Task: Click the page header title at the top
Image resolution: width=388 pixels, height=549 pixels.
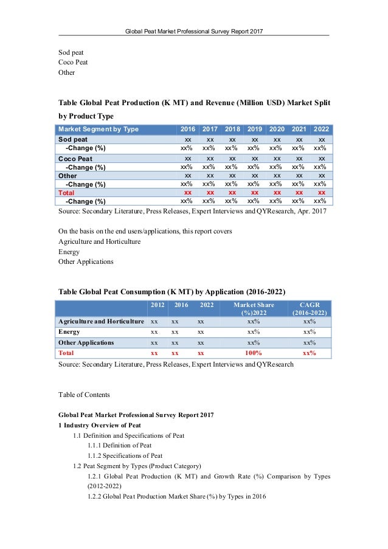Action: tap(193, 30)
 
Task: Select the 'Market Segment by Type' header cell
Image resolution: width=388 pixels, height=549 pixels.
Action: tap(98, 129)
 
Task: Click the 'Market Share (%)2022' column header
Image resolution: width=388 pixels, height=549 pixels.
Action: tap(254, 308)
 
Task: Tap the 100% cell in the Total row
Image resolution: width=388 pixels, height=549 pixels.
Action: tap(254, 353)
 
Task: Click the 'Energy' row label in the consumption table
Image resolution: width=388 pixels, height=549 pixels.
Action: tap(69, 331)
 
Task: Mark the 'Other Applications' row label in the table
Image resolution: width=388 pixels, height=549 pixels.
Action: tap(86, 342)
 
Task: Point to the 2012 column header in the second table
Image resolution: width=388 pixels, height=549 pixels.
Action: tap(156, 305)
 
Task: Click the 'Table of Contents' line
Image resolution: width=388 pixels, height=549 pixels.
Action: tap(84, 395)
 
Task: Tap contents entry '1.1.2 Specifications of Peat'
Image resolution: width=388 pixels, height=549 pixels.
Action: tap(125, 455)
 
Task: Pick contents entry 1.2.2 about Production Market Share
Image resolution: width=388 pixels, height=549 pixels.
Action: tap(177, 497)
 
